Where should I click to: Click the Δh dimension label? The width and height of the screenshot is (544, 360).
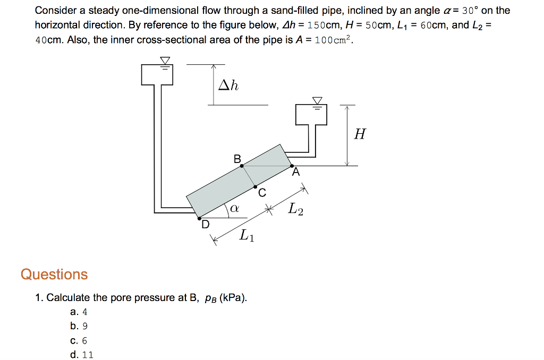228,84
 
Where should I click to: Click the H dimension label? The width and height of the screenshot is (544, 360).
360,134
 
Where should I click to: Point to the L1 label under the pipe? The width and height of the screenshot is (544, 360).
246,235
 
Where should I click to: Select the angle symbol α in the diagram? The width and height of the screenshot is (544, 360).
234,210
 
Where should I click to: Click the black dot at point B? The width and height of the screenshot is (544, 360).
242,166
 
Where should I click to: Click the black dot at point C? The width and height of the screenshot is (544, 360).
256,187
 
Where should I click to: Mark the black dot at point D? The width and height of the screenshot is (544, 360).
200,218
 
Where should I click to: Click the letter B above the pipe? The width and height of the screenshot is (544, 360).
237,158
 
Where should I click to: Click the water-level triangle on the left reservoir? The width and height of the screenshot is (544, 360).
165,61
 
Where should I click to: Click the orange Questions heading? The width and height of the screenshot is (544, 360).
54,275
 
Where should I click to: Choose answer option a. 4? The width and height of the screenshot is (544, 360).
78,312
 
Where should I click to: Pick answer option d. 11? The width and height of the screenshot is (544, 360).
81,355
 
